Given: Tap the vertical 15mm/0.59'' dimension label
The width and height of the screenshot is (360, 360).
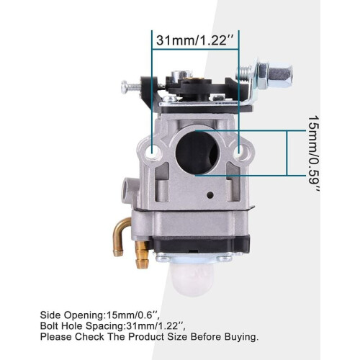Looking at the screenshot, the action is pyautogui.click(x=314, y=154).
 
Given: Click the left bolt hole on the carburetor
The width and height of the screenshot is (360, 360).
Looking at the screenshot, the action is pyautogui.click(x=152, y=152).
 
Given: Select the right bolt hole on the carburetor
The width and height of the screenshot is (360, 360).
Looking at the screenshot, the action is pyautogui.click(x=239, y=151).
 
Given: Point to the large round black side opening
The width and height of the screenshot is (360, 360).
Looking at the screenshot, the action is pyautogui.click(x=198, y=153).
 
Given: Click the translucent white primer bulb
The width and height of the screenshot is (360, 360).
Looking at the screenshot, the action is pyautogui.click(x=191, y=280).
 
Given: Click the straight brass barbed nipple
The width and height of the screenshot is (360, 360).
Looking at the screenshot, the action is pyautogui.click(x=141, y=254).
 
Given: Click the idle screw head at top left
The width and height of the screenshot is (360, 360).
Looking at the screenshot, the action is pyautogui.click(x=124, y=86).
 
